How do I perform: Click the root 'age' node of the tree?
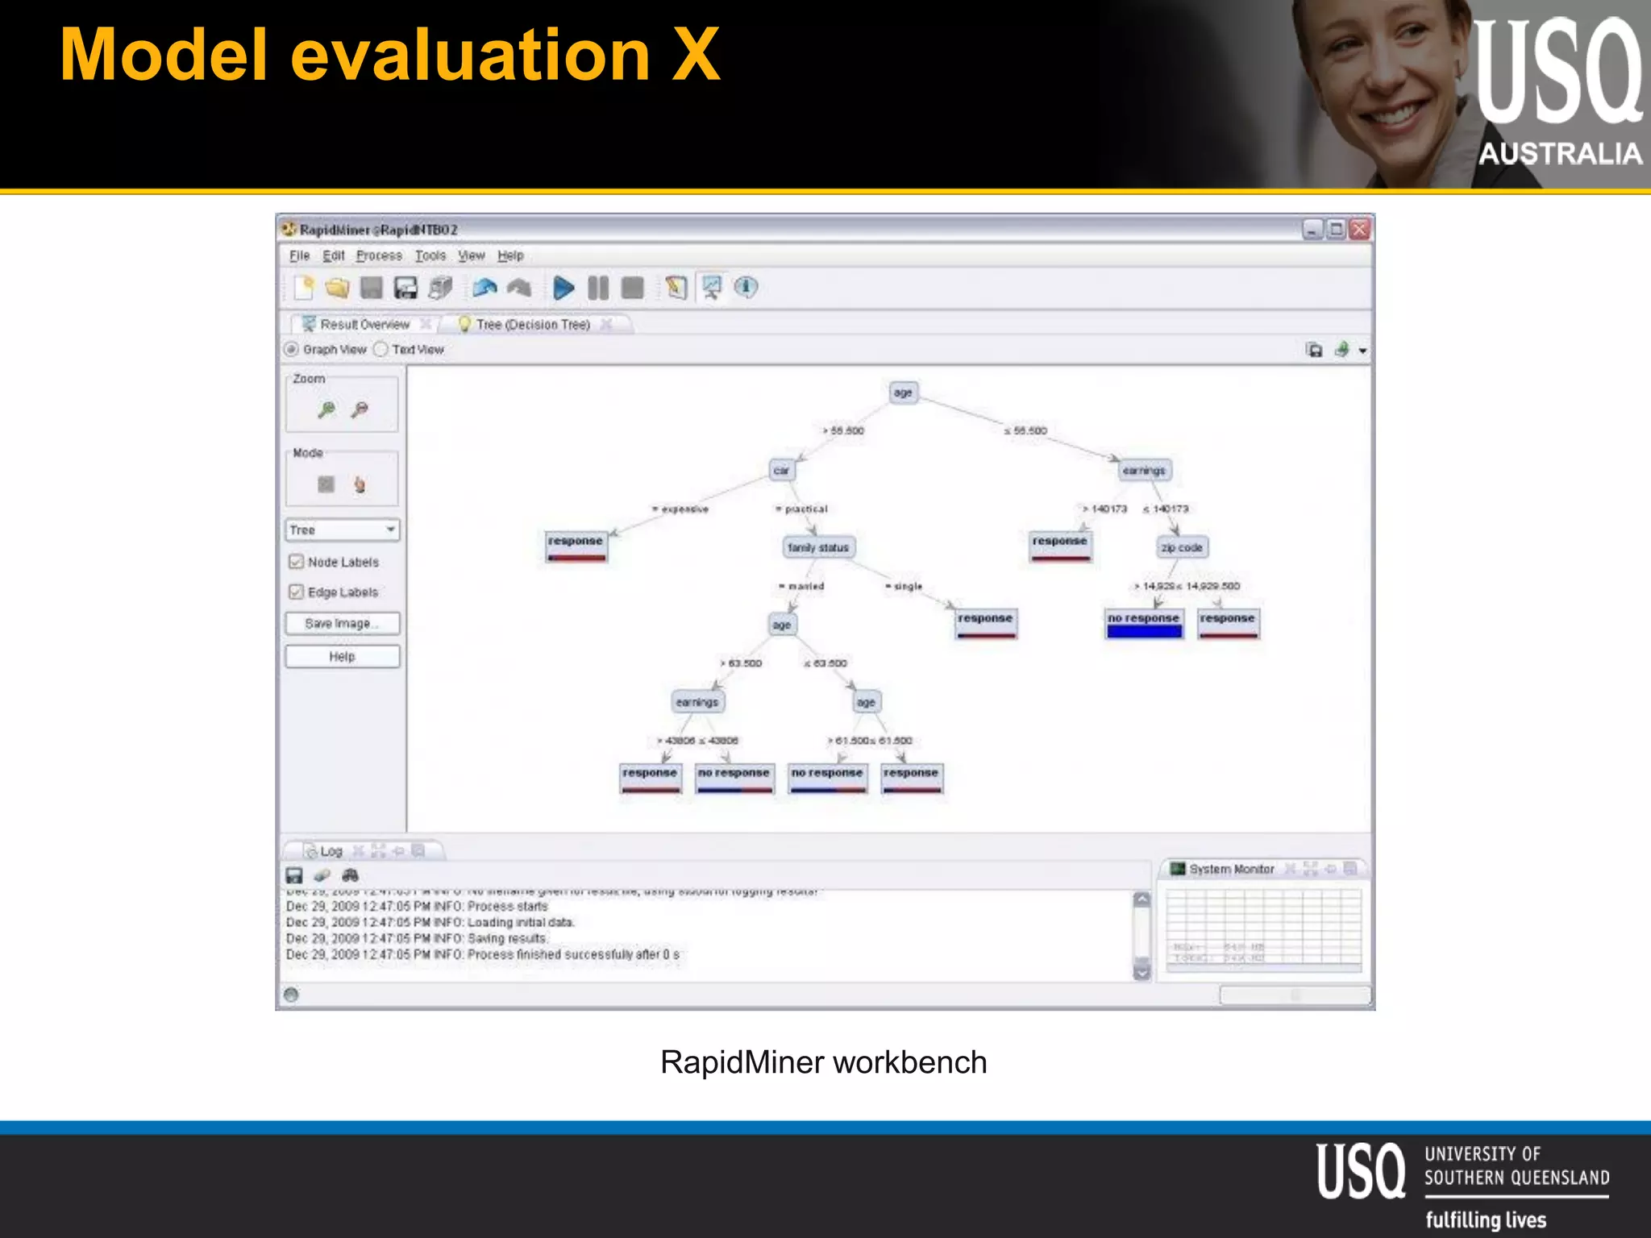click(x=903, y=393)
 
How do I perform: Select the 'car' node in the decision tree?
click(x=781, y=470)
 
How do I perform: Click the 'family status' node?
click(x=818, y=547)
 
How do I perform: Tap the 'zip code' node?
click(x=1182, y=547)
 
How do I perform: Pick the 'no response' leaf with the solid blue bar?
click(x=1143, y=623)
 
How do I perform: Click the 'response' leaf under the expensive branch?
click(x=576, y=546)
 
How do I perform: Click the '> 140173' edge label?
click(x=1106, y=509)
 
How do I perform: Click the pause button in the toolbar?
click(x=598, y=288)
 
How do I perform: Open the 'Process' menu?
click(x=379, y=255)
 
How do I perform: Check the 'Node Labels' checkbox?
click(x=297, y=561)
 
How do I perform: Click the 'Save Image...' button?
click(x=342, y=623)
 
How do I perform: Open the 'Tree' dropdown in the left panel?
click(x=343, y=530)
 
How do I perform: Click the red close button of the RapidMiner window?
click(x=1360, y=230)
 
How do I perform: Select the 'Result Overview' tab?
click(x=364, y=324)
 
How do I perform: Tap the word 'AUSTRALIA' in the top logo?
click(x=1560, y=153)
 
